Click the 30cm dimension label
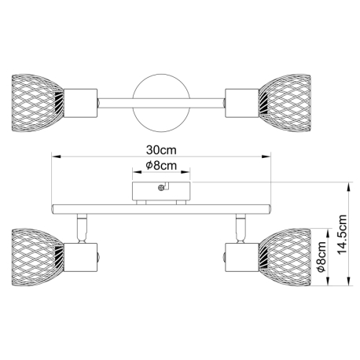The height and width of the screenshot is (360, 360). coord(161,150)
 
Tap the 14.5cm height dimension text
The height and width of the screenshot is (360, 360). coord(342,234)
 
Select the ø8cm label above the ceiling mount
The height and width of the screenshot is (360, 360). coord(161,165)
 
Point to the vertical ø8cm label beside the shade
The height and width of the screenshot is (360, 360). coord(321,257)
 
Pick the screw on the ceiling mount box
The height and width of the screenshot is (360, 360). coord(161,188)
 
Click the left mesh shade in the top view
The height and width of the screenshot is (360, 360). coord(38,103)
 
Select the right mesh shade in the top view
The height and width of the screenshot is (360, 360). coord(285,103)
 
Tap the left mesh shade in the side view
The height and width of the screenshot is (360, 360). coord(38,257)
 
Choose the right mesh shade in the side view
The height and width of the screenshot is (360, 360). coord(285,257)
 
